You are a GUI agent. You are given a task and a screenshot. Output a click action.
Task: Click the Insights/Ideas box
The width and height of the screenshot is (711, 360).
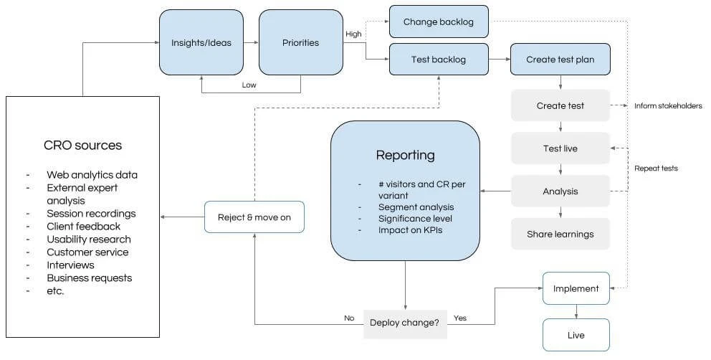click(x=201, y=42)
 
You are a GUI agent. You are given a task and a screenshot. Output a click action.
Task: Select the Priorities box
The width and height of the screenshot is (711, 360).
click(x=300, y=42)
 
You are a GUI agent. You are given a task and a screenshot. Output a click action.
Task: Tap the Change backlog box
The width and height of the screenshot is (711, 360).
click(x=439, y=22)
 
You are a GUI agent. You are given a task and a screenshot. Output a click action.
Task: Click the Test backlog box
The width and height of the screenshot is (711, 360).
click(x=439, y=60)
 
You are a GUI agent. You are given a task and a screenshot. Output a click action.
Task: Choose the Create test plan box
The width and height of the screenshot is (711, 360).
click(x=560, y=60)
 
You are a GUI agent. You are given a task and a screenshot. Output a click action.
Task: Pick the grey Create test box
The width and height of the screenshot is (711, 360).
click(x=560, y=105)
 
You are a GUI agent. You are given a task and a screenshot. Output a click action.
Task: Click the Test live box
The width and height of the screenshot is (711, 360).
click(x=560, y=148)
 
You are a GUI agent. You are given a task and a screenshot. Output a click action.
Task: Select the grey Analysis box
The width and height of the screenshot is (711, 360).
click(x=560, y=191)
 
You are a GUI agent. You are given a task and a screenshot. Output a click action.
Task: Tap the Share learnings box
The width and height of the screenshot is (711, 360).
click(x=560, y=234)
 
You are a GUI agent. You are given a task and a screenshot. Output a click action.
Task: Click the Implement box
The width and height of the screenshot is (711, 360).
click(x=576, y=288)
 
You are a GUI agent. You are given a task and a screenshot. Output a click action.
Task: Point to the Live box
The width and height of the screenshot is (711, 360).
click(x=576, y=335)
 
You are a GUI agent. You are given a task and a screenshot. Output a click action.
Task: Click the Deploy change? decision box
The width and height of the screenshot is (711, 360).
click(x=405, y=322)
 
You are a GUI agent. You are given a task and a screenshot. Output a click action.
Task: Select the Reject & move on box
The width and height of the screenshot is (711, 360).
click(x=254, y=217)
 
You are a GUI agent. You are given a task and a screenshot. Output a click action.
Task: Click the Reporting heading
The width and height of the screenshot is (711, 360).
click(x=405, y=155)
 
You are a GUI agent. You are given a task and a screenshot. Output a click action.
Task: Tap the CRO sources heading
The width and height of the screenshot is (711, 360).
click(x=82, y=145)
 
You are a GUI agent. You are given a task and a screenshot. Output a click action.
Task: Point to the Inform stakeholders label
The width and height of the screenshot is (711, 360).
click(x=668, y=106)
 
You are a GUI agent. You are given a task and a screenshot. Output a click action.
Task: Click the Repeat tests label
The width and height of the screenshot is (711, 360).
click(x=656, y=169)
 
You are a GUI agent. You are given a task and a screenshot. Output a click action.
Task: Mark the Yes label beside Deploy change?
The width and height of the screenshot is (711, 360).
click(x=460, y=318)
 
